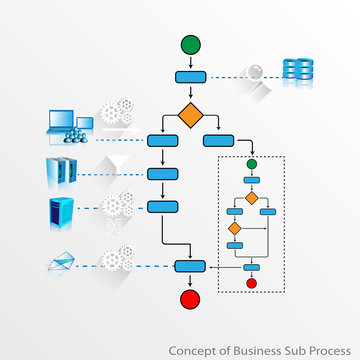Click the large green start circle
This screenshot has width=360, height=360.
coord(190,45)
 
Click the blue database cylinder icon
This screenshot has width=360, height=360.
coord(297,69)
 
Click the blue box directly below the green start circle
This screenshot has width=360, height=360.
coord(190,77)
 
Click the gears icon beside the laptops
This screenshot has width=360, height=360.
coord(116,112)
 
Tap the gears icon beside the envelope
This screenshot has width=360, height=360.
coord(118,260)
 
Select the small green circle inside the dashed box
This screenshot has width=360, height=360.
coord(252,163)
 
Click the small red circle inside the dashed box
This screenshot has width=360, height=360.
coord(252,283)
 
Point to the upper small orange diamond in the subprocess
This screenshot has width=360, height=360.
coord(252,197)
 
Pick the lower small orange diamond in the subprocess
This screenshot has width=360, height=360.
coord(235,229)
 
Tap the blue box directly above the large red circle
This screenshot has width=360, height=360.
coord(190,266)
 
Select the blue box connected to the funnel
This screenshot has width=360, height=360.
coord(162,173)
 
